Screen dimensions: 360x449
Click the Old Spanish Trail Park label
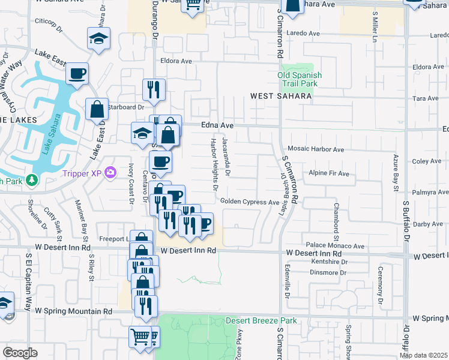300,79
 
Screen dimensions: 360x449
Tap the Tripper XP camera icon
110,173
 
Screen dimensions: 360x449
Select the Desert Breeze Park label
261,321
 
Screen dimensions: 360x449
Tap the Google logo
20,353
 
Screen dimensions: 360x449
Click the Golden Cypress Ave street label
249,202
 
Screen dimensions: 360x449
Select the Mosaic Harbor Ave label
316,149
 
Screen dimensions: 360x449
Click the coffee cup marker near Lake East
77,74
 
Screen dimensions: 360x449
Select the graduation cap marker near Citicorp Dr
98,40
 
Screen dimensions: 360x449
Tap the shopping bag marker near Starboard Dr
97,110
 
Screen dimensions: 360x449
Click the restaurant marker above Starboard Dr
154,90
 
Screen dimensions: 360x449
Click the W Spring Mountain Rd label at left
73,311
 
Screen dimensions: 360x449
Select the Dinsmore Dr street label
327,272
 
